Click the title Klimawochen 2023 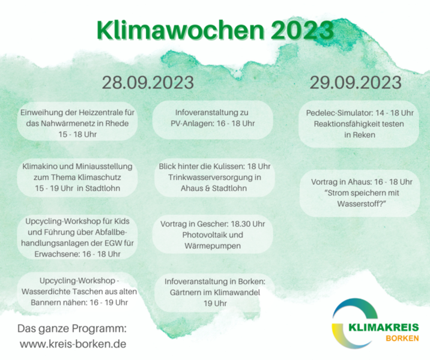point(215,29)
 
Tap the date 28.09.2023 point(148,82)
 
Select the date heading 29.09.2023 point(356,82)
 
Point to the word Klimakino point(41,166)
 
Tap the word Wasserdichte point(44,292)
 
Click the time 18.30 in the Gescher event point(240,224)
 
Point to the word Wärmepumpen point(213,246)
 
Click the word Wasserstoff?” point(362,204)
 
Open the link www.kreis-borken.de point(73,344)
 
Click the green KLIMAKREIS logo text point(384,328)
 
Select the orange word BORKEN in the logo point(402,338)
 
